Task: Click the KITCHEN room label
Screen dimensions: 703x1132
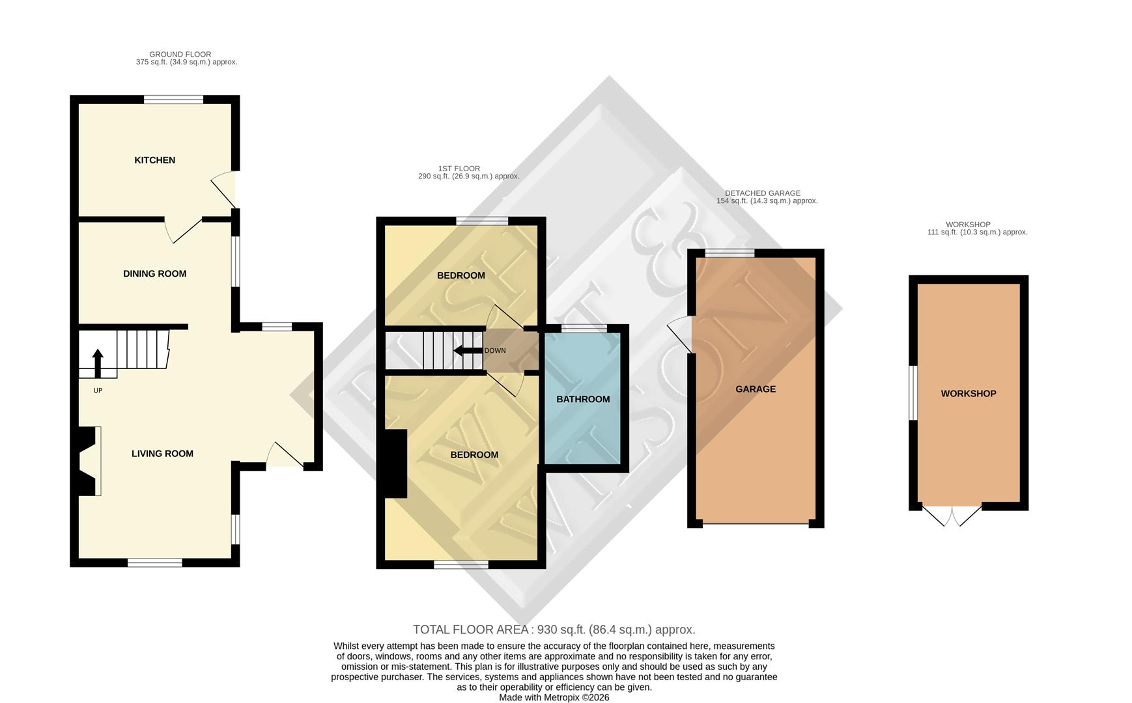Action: coord(154,160)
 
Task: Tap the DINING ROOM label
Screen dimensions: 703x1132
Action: coord(154,274)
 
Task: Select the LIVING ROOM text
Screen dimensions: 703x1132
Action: coord(162,454)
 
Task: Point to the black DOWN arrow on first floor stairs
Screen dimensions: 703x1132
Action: coord(468,351)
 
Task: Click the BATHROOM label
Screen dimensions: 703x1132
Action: coord(583,399)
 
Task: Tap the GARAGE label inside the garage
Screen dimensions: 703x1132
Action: coord(756,389)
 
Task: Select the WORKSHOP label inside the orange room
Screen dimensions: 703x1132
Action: coord(968,394)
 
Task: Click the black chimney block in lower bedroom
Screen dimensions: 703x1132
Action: coord(395,463)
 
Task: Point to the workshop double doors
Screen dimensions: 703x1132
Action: coord(952,515)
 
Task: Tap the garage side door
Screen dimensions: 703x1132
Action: coord(681,335)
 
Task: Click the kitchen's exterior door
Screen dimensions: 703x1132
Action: coord(225,189)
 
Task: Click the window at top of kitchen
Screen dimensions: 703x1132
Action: coord(173,100)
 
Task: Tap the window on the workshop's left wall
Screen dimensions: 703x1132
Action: coord(913,393)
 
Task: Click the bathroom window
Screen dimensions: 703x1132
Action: coord(584,328)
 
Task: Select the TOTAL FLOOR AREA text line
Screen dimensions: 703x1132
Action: coord(554,629)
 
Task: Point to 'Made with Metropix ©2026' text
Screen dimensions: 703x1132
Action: coord(554,697)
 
